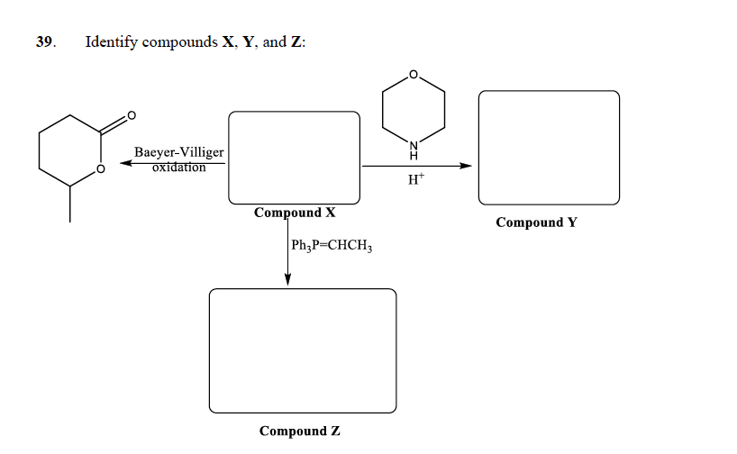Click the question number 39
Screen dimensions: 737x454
[46, 41]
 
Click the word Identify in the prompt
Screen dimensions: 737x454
[112, 42]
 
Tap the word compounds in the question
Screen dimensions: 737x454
[180, 42]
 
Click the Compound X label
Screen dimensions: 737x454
[295, 213]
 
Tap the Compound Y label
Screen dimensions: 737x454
[536, 222]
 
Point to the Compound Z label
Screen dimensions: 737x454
[299, 431]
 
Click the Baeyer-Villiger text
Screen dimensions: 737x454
[179, 152]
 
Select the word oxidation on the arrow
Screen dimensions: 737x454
[179, 168]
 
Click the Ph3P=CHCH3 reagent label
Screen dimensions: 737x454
[332, 245]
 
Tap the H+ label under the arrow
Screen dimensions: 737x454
[416, 178]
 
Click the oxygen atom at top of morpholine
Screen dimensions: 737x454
[414, 75]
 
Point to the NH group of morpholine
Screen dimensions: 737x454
[414, 150]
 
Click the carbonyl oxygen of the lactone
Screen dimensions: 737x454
[132, 115]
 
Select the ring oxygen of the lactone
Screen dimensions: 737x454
[101, 168]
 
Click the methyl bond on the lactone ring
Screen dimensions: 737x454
[70, 204]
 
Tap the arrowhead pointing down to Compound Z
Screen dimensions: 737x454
[287, 279]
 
